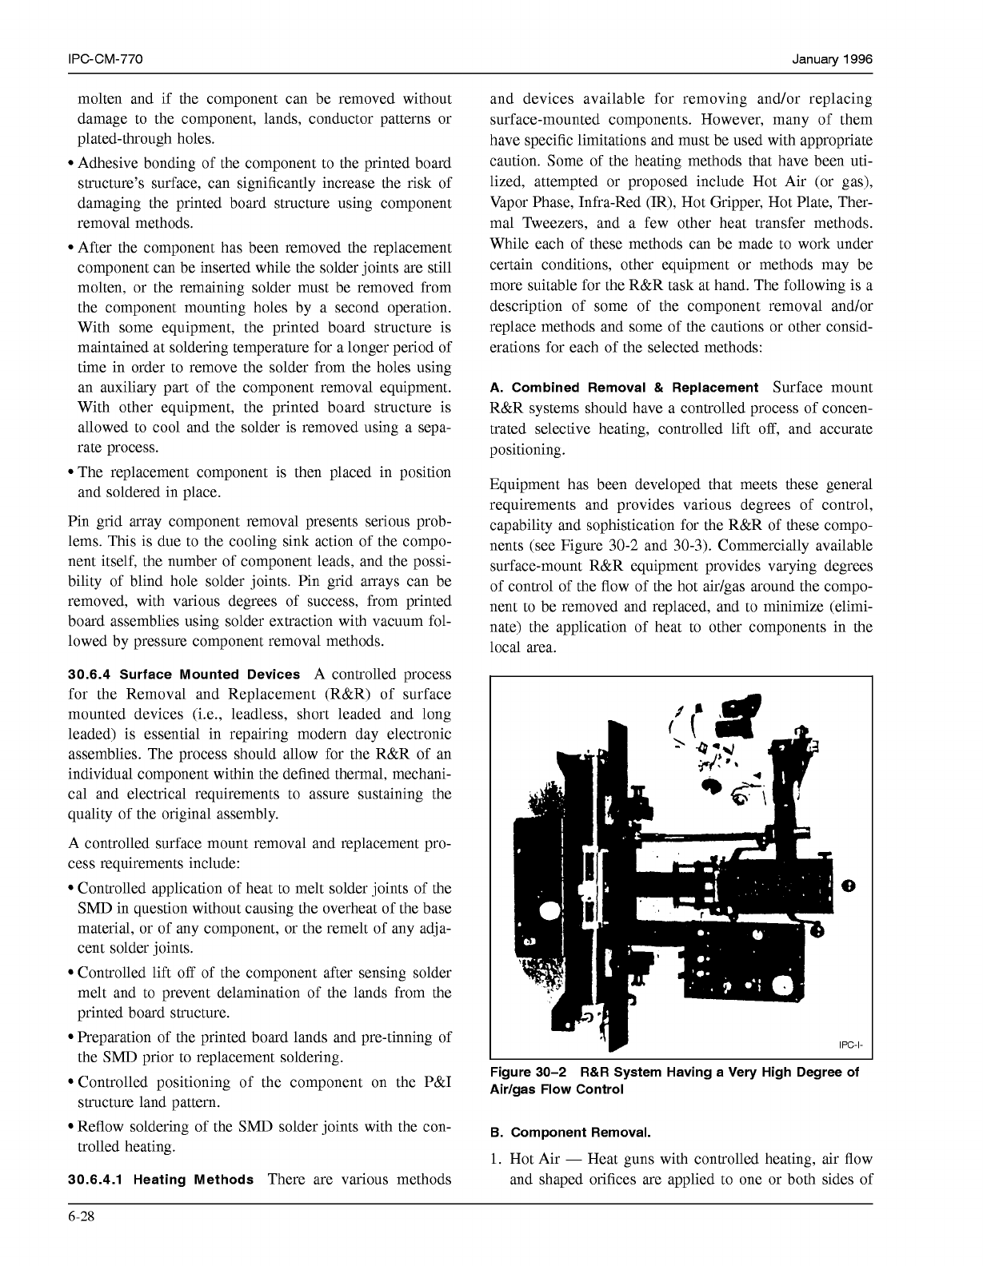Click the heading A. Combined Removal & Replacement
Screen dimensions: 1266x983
[x=624, y=388]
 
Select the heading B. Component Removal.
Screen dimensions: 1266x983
[x=571, y=1133]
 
